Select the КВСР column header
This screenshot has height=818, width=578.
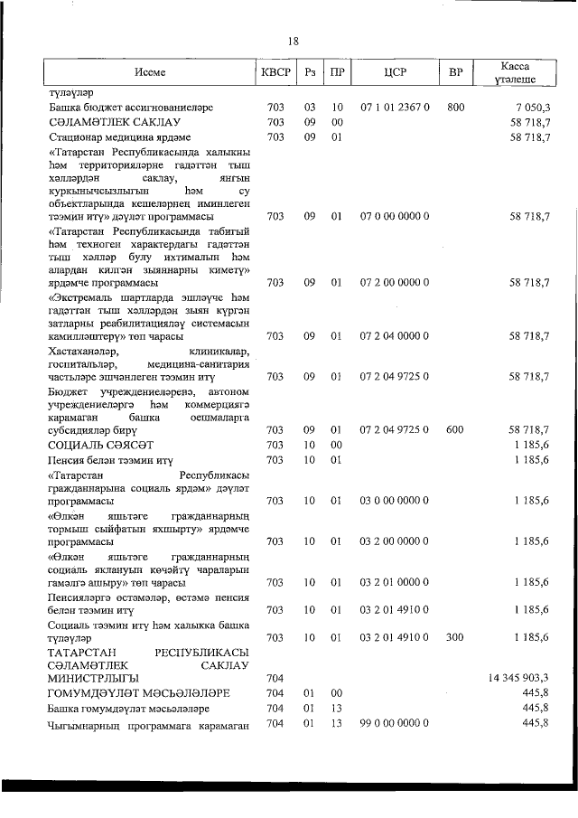pyautogui.click(x=275, y=73)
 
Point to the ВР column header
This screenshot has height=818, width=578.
pyautogui.click(x=455, y=73)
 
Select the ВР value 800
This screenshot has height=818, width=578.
pyautogui.click(x=455, y=108)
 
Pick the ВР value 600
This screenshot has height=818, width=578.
pyautogui.click(x=455, y=430)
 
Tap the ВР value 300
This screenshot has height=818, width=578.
pyautogui.click(x=455, y=637)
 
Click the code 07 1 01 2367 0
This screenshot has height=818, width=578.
pyautogui.click(x=394, y=108)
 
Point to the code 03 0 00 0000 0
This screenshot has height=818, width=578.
pyautogui.click(x=394, y=500)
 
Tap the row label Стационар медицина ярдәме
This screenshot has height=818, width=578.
pyautogui.click(x=112, y=136)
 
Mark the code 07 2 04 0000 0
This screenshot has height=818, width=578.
pyautogui.click(x=394, y=336)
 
